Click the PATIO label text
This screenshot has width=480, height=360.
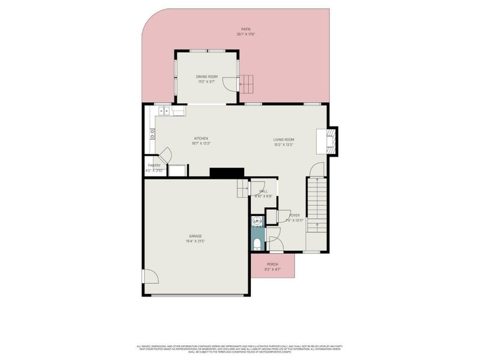coord(245,29)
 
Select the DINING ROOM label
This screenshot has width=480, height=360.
coord(206,77)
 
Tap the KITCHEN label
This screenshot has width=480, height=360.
coord(200,139)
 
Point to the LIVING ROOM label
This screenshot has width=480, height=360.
coord(284,140)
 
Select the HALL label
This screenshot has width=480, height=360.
coord(263,191)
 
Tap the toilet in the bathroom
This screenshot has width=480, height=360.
coord(257,243)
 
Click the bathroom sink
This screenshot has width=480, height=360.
coord(257,222)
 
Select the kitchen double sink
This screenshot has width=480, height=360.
coord(163,110)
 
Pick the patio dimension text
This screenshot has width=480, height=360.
coord(245,34)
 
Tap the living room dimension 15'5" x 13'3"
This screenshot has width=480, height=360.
coord(284,145)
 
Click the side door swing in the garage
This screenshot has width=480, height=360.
coord(150,278)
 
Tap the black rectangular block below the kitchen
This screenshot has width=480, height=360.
coord(226,172)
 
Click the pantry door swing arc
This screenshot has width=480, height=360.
coord(168,154)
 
